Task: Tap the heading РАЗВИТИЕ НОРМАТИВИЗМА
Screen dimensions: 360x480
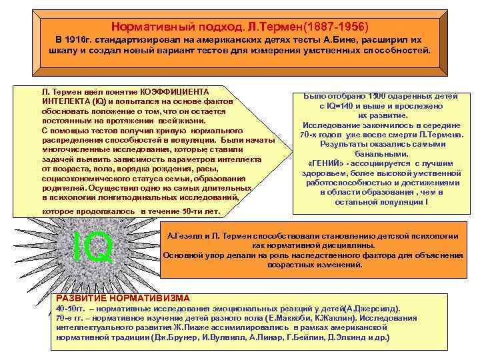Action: click(123, 298)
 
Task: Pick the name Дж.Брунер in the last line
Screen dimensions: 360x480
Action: click(175, 338)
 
